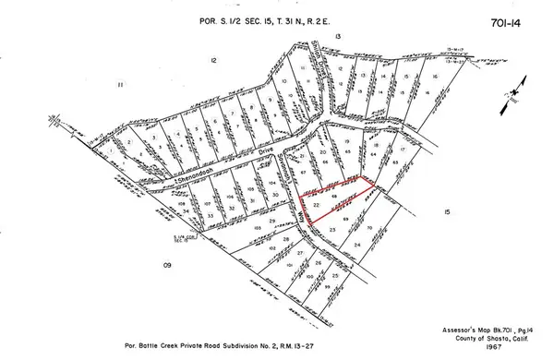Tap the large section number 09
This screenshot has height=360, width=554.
pos(169,265)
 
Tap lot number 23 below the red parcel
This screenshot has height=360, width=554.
pos(331,227)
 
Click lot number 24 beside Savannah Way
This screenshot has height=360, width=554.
pos(356,244)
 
